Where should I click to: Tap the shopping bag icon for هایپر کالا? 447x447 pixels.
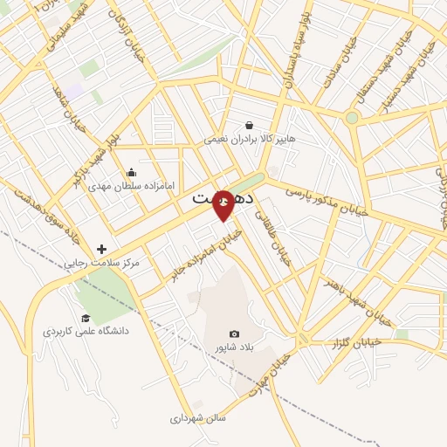coord(250,125)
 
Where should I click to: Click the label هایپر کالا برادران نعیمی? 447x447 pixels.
coord(251,139)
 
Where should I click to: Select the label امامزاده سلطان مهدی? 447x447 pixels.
coord(132,186)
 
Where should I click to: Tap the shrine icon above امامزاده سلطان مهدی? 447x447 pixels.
coord(131,172)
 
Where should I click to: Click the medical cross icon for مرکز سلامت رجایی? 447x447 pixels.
coord(102,249)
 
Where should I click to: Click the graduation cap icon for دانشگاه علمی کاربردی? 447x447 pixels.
coord(86,318)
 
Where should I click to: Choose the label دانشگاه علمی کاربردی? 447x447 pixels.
coord(86,332)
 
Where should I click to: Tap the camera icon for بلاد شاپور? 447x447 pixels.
coord(233,334)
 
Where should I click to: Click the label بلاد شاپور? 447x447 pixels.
coord(233,347)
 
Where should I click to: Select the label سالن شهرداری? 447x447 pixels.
coord(198,418)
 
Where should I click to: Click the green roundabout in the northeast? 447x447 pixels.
coord(352,118)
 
